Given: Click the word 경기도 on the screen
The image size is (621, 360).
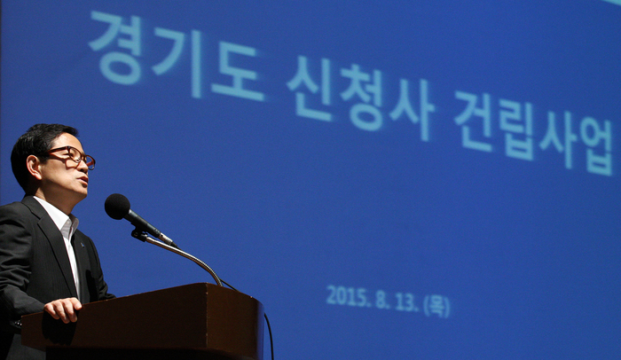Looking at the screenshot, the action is click(x=177, y=56).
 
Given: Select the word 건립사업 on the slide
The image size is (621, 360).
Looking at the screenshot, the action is click(x=533, y=134).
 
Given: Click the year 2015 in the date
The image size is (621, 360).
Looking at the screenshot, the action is click(x=346, y=295).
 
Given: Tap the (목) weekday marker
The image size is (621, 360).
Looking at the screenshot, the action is click(x=436, y=306).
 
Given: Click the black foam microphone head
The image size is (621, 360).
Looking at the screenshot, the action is click(x=117, y=207).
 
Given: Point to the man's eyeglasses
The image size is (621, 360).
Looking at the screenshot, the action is click(x=71, y=156).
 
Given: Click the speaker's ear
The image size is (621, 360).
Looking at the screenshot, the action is click(x=34, y=167).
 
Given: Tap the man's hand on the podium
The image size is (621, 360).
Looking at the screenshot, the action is click(x=63, y=309).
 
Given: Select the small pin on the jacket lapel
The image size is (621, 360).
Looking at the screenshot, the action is click(x=82, y=245).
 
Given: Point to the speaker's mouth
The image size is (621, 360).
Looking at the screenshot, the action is click(x=83, y=180).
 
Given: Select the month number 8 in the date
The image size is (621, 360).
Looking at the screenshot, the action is click(x=381, y=300).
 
